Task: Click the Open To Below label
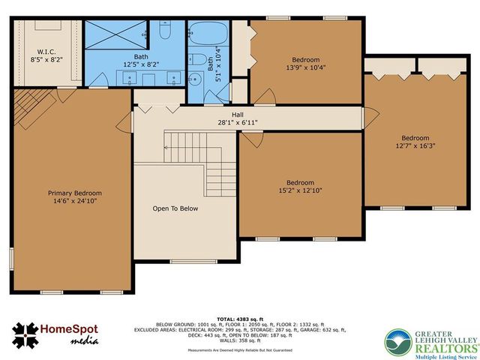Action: (175, 208)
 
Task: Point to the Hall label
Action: (237, 115)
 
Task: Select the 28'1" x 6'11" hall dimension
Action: (237, 122)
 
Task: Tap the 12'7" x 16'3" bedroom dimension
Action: (415, 145)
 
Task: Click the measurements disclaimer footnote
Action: (241, 349)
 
